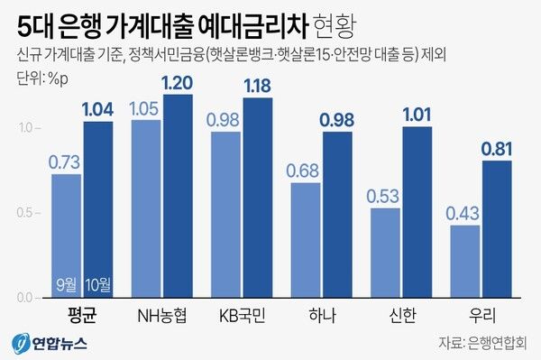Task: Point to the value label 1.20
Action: coord(178,84)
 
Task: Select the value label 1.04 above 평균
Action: coord(98,111)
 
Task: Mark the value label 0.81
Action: coord(497,151)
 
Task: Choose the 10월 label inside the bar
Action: coord(98,285)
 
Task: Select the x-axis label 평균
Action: coord(82,316)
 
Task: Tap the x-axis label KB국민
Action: coord(242,316)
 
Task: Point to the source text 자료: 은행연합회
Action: coord(483,343)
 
